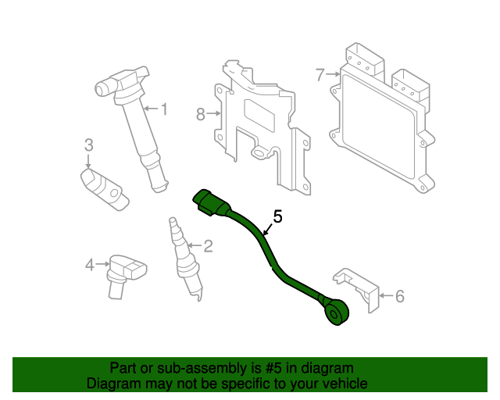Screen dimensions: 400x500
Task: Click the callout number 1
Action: (x=164, y=109)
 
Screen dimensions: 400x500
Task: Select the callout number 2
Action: (x=208, y=247)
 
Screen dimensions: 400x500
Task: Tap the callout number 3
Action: (x=89, y=145)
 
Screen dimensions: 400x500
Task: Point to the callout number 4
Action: (x=89, y=265)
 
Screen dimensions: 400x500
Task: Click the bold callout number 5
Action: (x=277, y=216)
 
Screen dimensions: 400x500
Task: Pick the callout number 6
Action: (x=399, y=296)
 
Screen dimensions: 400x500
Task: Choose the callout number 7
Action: (x=320, y=75)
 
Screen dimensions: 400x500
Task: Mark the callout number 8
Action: (x=200, y=114)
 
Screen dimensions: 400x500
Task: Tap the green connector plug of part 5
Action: (x=210, y=201)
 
